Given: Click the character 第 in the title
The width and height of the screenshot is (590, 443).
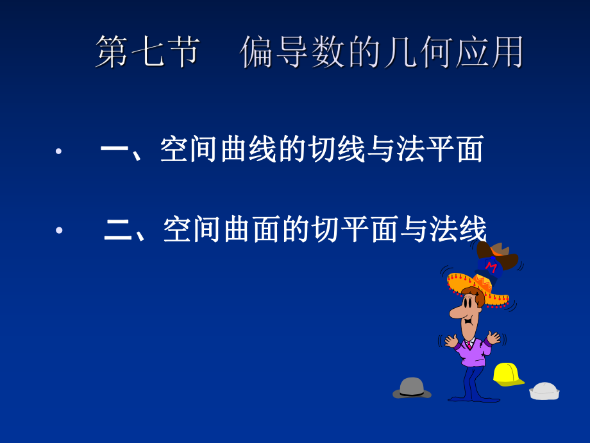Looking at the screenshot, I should click(x=113, y=52).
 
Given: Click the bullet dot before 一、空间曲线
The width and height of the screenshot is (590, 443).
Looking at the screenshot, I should click(x=58, y=152).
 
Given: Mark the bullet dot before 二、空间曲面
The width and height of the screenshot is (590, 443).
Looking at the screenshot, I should click(x=59, y=230).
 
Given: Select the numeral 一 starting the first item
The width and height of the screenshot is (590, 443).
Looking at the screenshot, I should click(x=115, y=151).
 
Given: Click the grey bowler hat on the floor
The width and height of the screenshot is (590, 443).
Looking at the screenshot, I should click(x=411, y=387).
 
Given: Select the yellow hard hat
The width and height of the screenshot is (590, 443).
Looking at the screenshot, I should click(x=507, y=374).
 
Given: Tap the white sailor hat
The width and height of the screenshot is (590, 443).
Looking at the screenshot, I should click(x=544, y=390).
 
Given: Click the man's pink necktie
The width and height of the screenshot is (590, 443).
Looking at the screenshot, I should click(x=470, y=345).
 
